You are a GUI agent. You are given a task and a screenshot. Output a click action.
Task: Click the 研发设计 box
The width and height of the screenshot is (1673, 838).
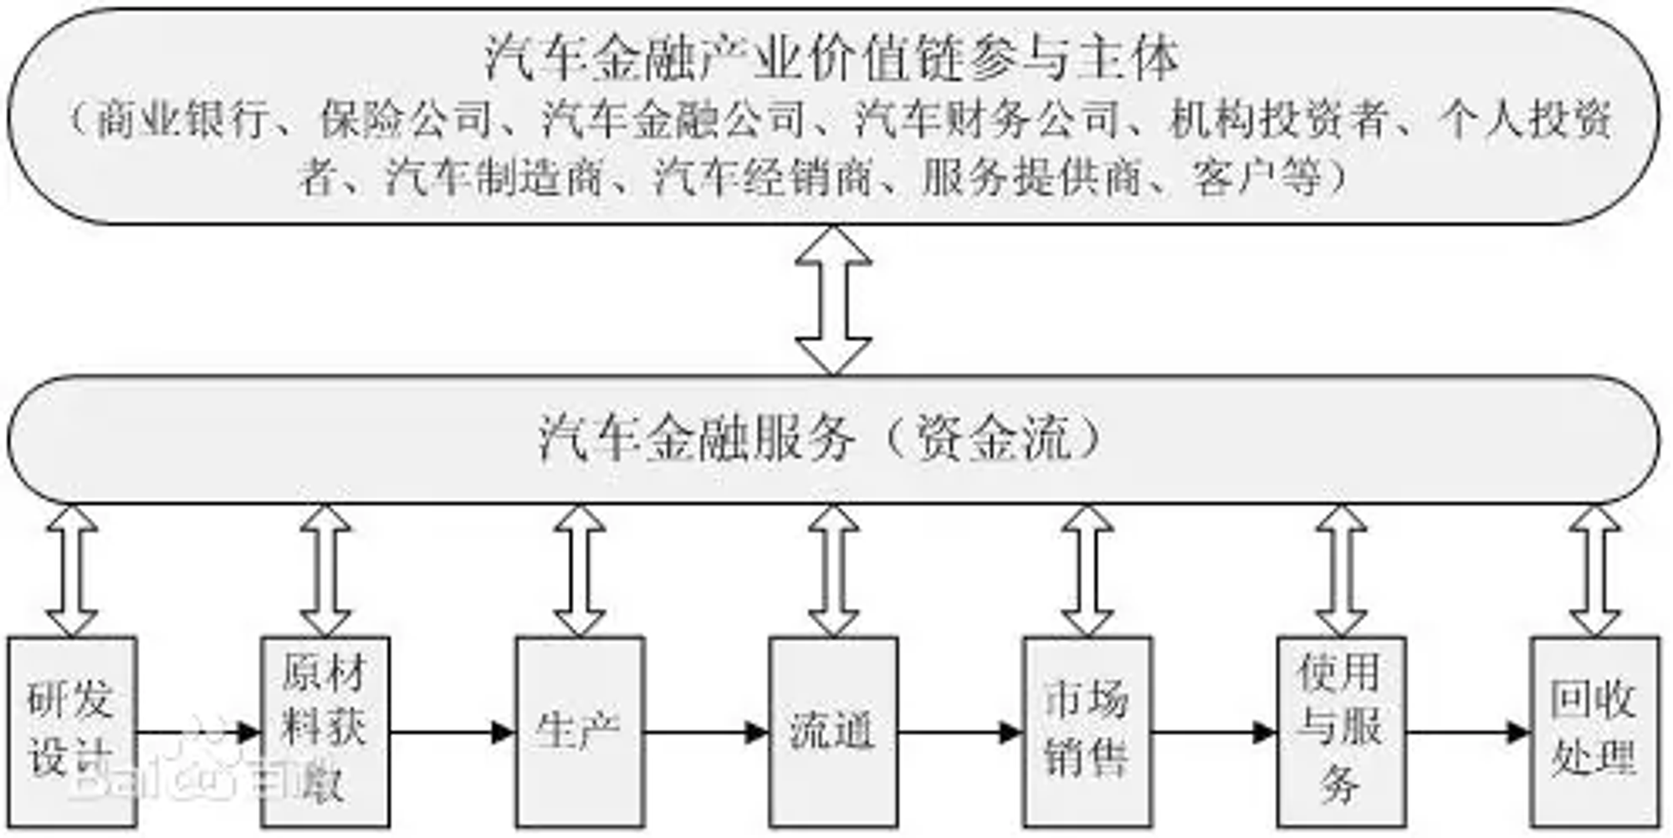[72, 732]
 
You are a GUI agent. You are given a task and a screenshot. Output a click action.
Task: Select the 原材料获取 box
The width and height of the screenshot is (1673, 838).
[325, 732]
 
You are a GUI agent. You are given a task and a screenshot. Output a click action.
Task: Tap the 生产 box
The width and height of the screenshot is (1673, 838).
[579, 732]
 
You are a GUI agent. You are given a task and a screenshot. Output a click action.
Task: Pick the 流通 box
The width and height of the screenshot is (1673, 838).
[833, 732]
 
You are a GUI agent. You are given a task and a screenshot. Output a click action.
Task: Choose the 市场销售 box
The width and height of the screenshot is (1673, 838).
[1087, 732]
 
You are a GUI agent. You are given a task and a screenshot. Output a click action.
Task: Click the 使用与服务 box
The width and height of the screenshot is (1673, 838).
[1341, 732]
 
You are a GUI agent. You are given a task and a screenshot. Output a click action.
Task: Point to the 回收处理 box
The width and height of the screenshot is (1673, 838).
[1594, 732]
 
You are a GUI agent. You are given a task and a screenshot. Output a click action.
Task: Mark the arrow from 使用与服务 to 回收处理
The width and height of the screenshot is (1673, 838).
[1469, 733]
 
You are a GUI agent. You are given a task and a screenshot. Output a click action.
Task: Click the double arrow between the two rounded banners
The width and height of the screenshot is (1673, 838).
[833, 299]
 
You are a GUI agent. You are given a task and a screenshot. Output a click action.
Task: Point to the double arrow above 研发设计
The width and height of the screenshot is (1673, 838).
[72, 570]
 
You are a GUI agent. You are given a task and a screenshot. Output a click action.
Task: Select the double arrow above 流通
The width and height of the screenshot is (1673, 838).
[833, 570]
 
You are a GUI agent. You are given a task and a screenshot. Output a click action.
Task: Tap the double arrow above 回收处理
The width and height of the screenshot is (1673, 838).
[1594, 570]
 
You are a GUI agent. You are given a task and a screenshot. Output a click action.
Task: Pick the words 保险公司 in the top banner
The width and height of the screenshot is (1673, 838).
[406, 120]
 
